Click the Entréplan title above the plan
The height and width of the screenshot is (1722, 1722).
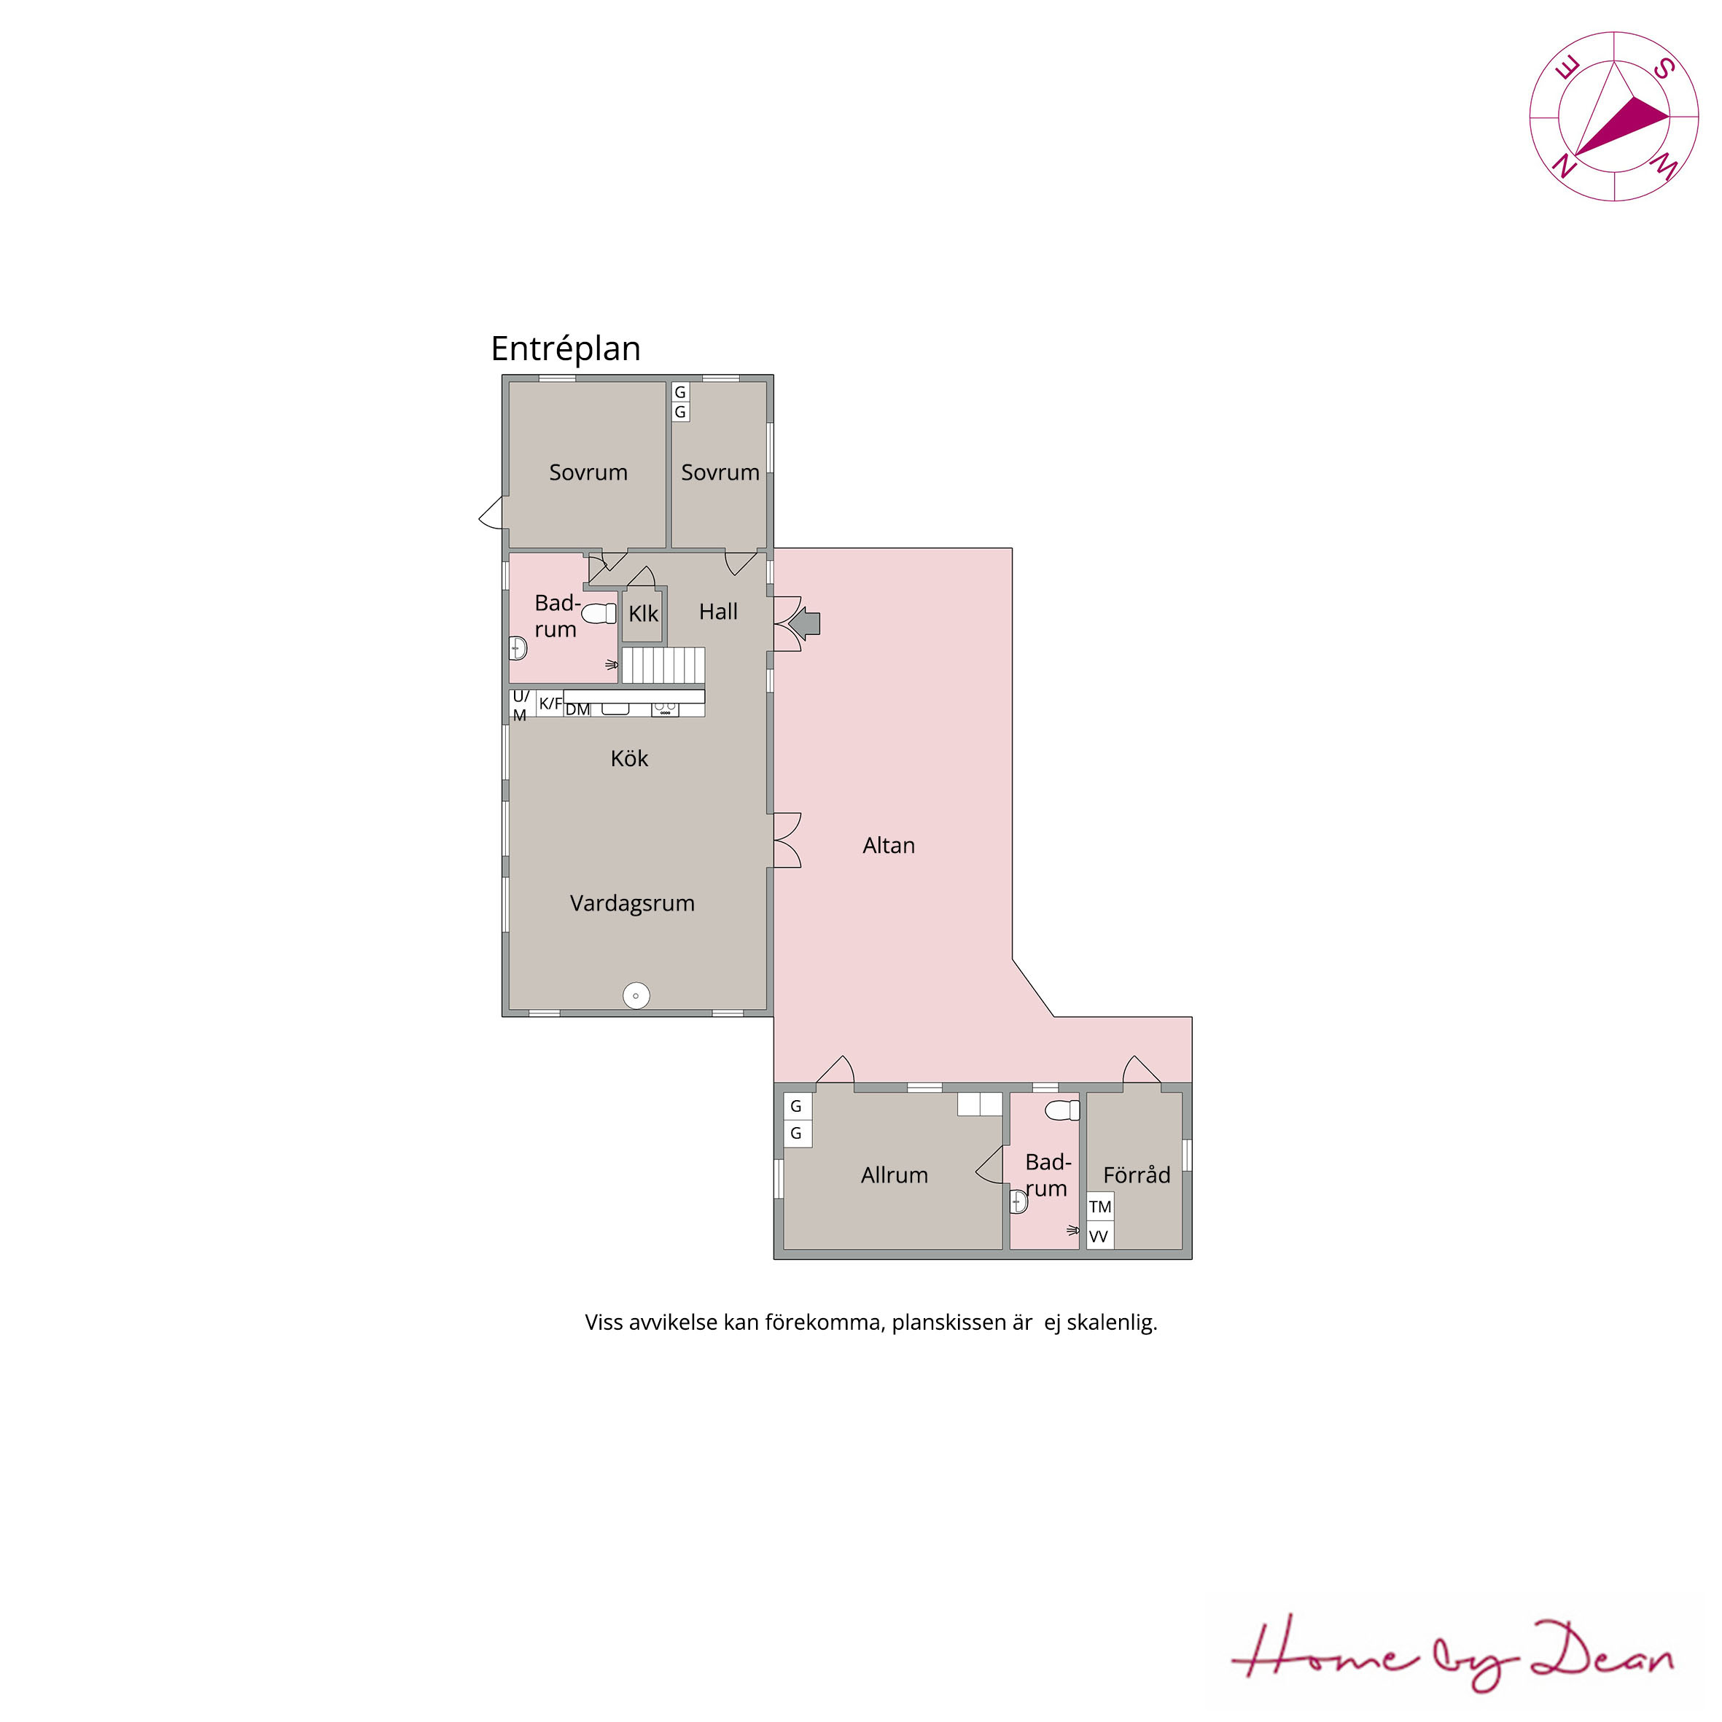[566, 349]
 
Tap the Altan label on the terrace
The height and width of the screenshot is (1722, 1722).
[889, 845]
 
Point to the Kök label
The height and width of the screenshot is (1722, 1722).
[629, 758]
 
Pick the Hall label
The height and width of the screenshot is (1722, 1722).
[718, 612]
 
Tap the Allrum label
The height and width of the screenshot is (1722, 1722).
[894, 1174]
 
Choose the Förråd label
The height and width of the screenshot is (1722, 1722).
[1137, 1174]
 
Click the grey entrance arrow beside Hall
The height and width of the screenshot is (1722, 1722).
[806, 623]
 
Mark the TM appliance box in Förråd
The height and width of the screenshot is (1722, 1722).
[1100, 1207]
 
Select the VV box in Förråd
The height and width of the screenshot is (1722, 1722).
[1100, 1235]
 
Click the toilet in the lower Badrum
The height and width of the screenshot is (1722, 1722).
[1062, 1110]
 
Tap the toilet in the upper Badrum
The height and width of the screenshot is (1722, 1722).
[599, 613]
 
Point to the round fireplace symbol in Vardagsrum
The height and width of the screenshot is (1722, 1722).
[636, 996]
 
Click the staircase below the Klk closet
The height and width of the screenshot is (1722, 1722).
[663, 666]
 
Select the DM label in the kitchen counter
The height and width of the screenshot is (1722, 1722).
[577, 709]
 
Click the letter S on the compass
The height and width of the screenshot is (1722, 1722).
[1664, 68]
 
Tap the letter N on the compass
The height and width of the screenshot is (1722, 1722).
[1563, 165]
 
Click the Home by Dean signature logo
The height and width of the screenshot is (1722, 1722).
[1453, 1656]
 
